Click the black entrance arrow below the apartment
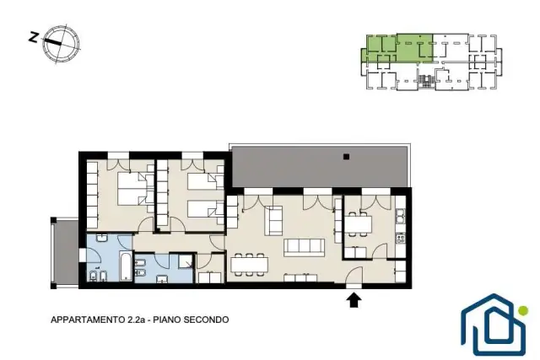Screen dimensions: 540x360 354,300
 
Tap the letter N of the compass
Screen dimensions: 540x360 34,37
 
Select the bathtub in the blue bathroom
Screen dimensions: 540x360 126,266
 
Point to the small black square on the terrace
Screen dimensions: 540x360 347,157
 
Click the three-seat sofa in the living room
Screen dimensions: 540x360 304,248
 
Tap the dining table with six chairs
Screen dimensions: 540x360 250,265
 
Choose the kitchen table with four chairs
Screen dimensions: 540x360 358,224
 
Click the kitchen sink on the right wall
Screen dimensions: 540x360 401,216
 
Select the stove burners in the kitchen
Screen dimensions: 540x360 401,238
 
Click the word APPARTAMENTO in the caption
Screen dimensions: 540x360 88,320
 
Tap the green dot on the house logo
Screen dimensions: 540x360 523,310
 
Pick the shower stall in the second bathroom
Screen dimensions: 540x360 186,261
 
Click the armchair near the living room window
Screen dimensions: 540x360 276,221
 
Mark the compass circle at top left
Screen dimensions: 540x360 62,44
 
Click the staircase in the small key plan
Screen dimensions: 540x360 425,81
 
